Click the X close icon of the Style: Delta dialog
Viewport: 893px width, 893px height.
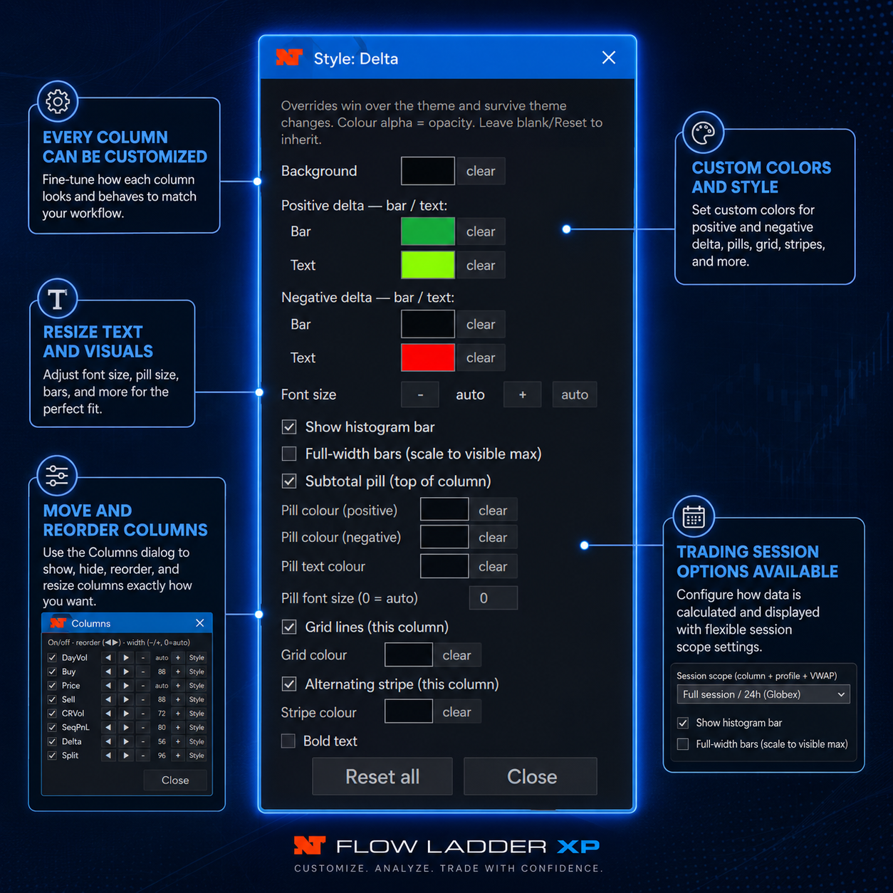point(608,58)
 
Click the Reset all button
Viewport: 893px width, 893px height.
point(382,776)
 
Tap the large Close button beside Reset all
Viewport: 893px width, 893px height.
point(531,776)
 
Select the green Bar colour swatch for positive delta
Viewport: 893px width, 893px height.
point(427,231)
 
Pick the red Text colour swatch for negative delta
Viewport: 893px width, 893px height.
point(427,357)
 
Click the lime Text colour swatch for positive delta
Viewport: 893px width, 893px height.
point(427,265)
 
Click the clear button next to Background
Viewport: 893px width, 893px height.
point(481,171)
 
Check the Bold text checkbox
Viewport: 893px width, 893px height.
point(288,741)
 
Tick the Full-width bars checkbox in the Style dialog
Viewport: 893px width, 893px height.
point(289,454)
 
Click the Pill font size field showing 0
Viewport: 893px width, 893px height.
point(493,597)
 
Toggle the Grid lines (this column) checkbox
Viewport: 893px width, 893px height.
point(289,627)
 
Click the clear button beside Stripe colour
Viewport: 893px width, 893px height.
point(456,712)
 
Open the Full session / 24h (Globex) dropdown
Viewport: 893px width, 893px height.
point(763,694)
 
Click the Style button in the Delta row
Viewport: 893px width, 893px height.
point(197,741)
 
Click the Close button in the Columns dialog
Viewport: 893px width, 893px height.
point(175,780)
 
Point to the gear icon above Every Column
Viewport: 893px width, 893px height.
point(58,102)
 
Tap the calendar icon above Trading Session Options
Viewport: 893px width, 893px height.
point(694,516)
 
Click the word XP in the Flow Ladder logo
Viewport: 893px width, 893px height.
point(578,847)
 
